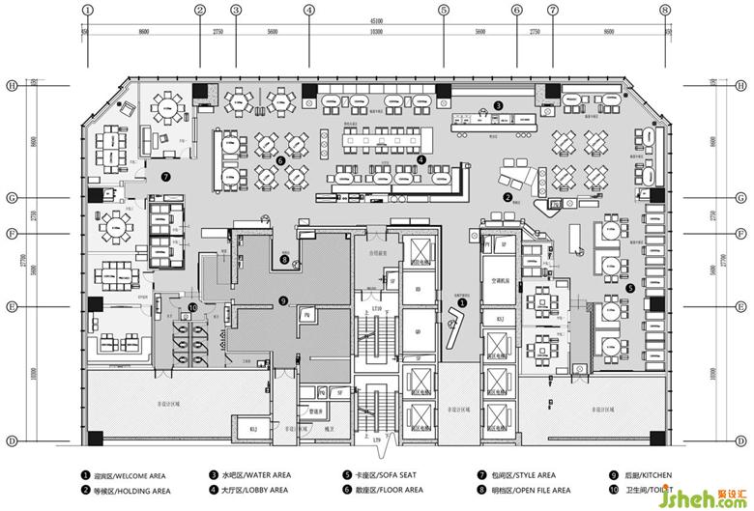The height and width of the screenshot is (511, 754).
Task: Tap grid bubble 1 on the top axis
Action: tap(87, 10)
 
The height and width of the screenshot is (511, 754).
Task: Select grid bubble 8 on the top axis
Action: tap(664, 10)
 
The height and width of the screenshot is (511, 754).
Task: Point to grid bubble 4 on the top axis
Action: tap(308, 10)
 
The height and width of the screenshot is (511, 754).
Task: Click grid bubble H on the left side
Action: tap(12, 85)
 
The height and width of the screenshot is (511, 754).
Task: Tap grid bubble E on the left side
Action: tap(12, 306)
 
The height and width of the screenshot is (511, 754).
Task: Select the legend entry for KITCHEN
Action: tap(647, 476)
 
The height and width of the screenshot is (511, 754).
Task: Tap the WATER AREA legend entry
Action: tap(256, 476)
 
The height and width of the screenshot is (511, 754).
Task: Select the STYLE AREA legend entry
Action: tap(522, 476)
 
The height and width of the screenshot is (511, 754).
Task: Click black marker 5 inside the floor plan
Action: tap(630, 287)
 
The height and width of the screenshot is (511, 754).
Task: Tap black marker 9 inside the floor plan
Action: tap(282, 300)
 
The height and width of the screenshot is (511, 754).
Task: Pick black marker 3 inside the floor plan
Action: tap(498, 104)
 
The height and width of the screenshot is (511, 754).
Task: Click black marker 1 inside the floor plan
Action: tap(461, 301)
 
